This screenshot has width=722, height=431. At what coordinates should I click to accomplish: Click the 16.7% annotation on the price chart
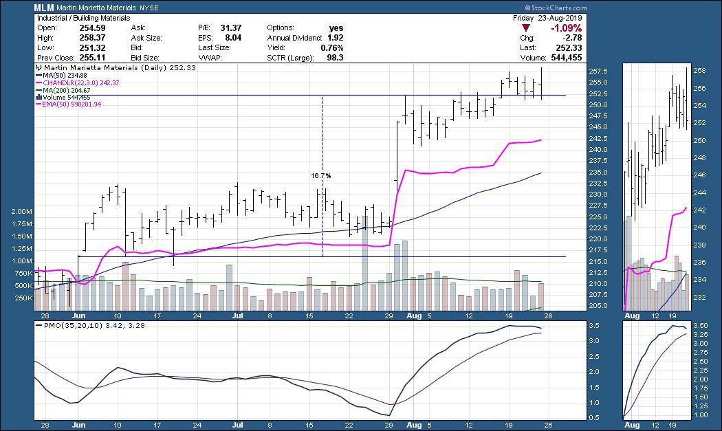click(x=321, y=176)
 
